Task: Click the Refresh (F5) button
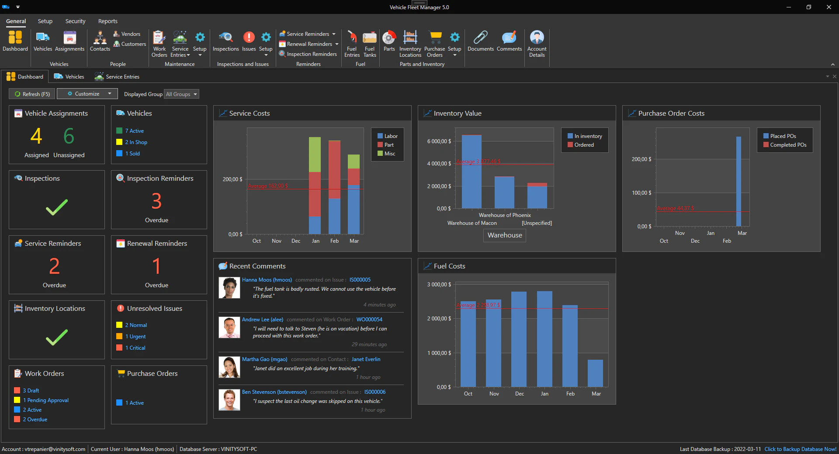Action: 32,94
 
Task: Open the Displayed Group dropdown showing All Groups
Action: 181,94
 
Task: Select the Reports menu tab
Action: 107,21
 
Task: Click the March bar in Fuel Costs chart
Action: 595,373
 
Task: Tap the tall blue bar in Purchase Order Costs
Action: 738,181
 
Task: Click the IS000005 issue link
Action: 360,280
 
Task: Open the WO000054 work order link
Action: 369,320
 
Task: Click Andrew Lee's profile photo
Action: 229,327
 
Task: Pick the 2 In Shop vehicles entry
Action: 136,142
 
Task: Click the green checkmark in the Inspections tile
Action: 57,207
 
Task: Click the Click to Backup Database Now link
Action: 800,449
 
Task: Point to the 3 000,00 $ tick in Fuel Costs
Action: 439,285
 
